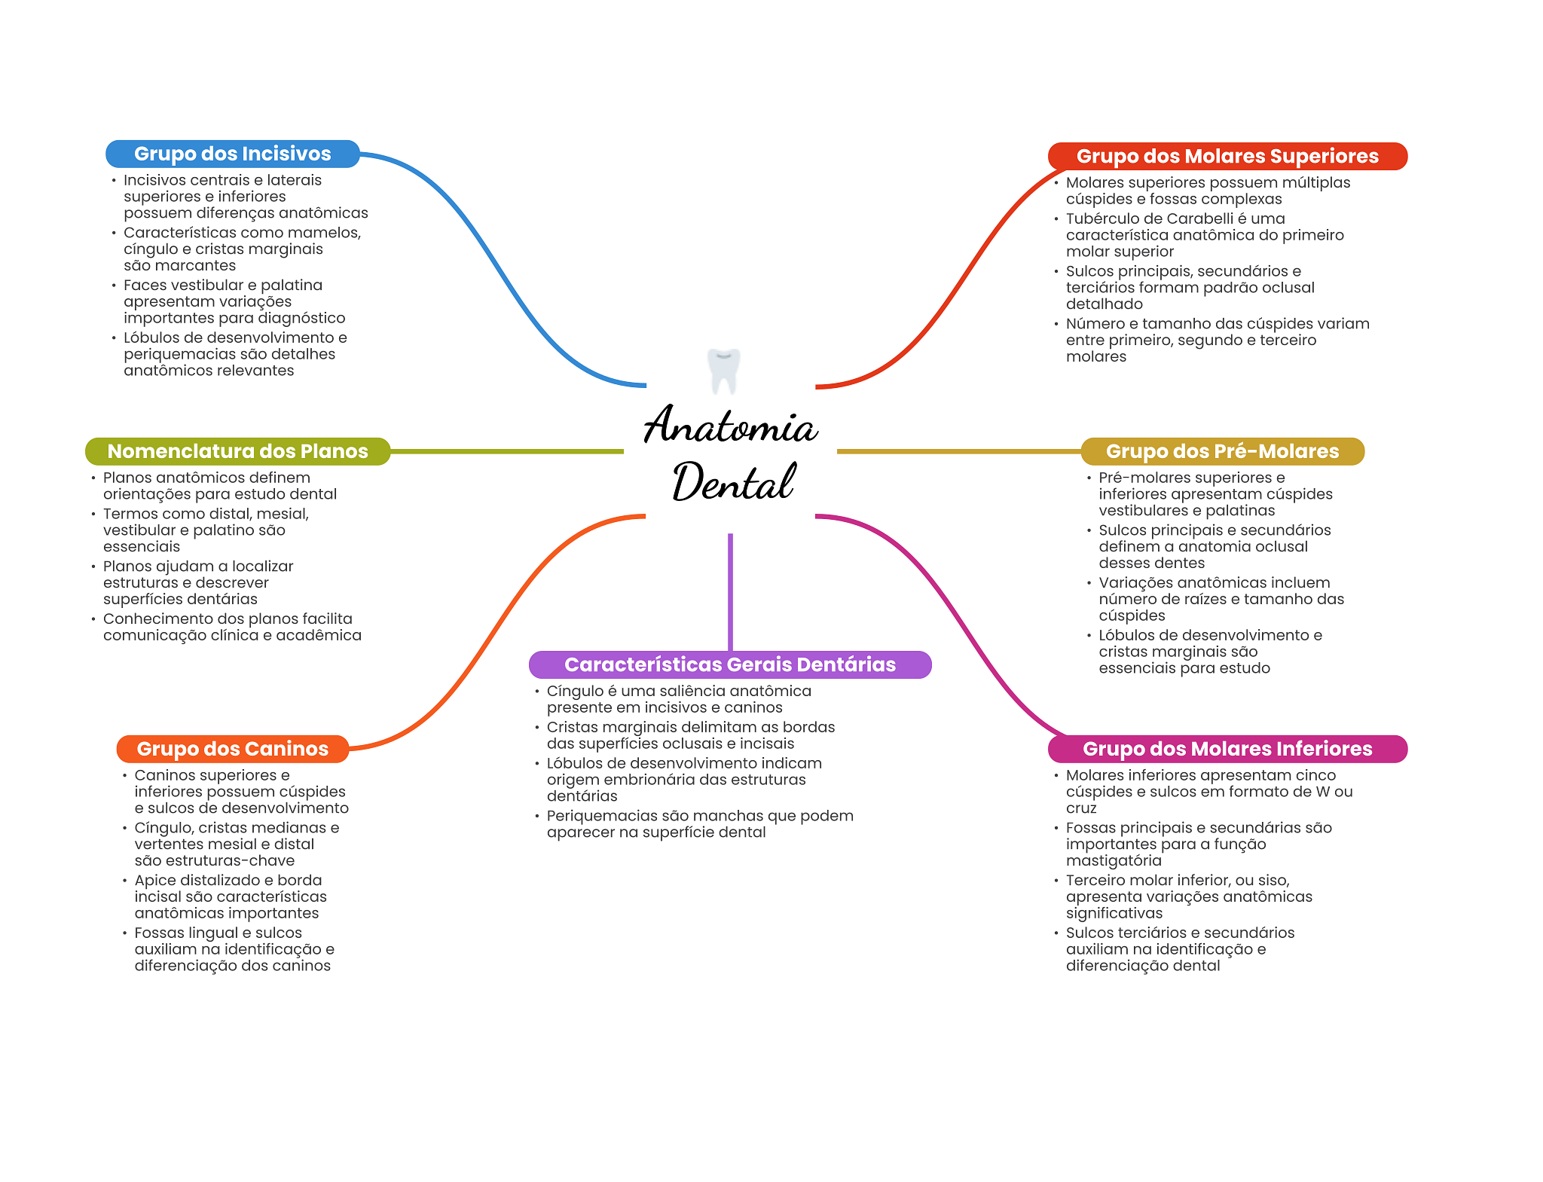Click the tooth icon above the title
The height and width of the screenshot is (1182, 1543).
click(724, 370)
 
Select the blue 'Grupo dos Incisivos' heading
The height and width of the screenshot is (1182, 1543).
click(232, 154)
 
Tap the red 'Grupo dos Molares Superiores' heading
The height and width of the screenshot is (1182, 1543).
click(1227, 156)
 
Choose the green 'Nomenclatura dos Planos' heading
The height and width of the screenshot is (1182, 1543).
click(237, 451)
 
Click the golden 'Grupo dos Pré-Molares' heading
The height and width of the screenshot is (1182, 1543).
click(1222, 451)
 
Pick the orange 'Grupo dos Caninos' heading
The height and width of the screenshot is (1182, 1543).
click(232, 749)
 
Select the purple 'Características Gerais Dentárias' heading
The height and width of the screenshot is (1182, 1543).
click(729, 664)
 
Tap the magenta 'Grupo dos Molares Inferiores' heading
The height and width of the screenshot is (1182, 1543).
click(1227, 749)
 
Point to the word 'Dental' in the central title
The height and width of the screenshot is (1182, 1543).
click(732, 482)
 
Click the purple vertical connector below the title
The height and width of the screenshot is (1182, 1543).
click(730, 591)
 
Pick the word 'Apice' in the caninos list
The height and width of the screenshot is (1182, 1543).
click(153, 881)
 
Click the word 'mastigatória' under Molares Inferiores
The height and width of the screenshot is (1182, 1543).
click(1114, 861)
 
